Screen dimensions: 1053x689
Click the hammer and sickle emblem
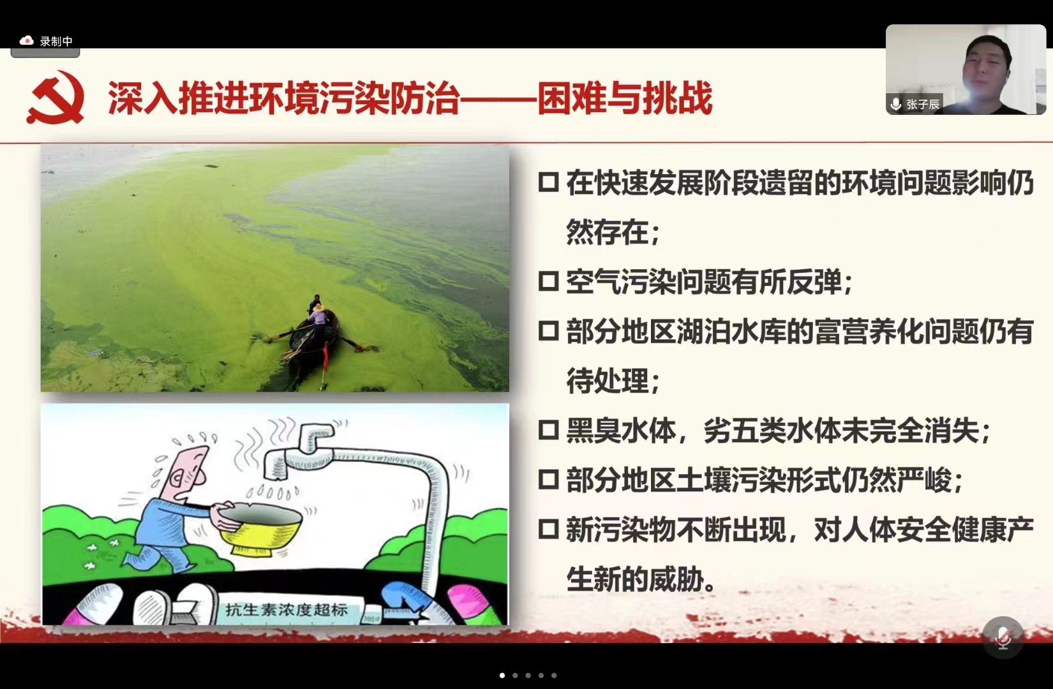click(x=56, y=97)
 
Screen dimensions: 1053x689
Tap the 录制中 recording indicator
click(x=45, y=41)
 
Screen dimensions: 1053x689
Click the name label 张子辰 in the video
click(x=922, y=104)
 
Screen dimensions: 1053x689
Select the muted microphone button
click(x=1003, y=637)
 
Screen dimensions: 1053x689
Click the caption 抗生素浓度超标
click(x=287, y=609)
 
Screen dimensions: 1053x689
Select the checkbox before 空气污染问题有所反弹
click(x=548, y=281)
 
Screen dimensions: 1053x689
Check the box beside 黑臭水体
click(x=548, y=429)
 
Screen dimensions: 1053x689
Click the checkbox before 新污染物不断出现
click(x=548, y=529)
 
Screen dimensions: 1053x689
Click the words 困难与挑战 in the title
click(x=625, y=98)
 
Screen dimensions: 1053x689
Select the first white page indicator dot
click(x=502, y=676)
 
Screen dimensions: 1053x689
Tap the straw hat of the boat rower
click(x=318, y=308)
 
